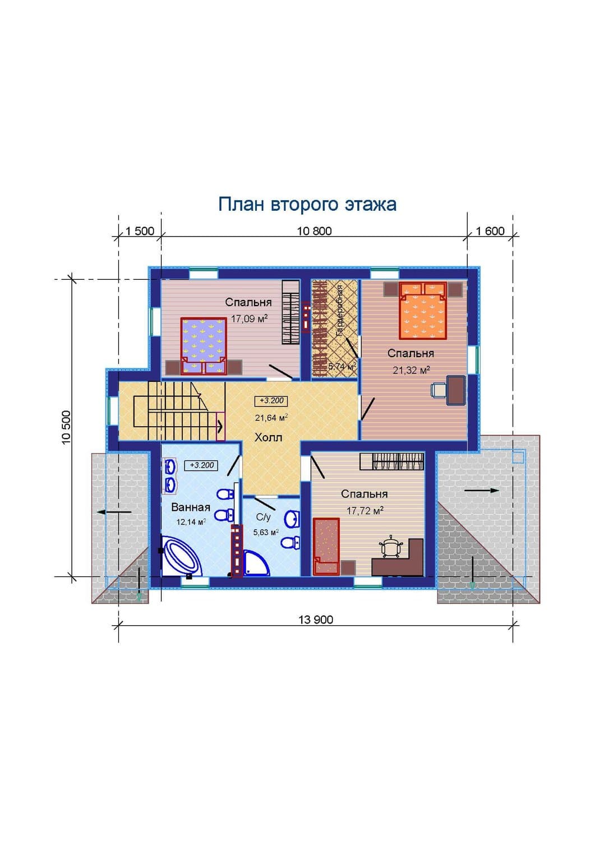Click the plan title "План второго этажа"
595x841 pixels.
tap(307, 205)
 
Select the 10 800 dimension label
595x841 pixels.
tap(315, 231)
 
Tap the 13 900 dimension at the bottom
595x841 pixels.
tap(316, 620)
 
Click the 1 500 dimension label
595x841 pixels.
tap(140, 231)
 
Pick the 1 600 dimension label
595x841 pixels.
tap(490, 231)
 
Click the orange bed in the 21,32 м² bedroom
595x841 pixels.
tap(423, 311)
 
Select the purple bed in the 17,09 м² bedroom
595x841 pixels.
tap(204, 346)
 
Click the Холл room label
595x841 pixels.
tap(268, 438)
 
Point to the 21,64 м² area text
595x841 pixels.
tap(271, 418)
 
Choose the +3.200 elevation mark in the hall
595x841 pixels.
tap(271, 401)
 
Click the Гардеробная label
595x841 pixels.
tap(339, 311)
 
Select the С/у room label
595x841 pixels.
tap(264, 517)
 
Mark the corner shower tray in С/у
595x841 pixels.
tap(256, 563)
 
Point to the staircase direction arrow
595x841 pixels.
tap(220, 427)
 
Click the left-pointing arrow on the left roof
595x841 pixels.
tap(114, 512)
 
